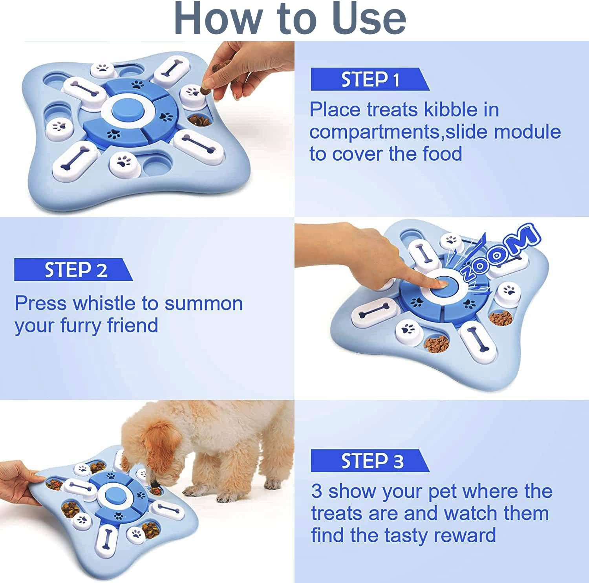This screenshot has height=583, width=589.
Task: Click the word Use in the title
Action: click(368, 18)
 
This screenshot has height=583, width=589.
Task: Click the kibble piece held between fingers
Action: click(205, 90)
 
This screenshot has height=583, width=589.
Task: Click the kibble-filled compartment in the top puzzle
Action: click(199, 119)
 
